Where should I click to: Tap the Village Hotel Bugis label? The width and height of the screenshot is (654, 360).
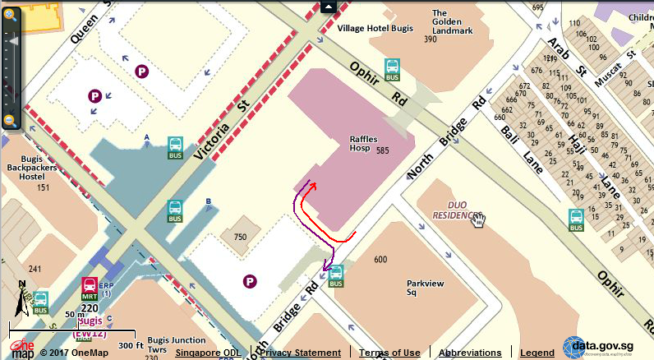tap(378, 28)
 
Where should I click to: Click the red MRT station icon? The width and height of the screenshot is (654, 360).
tap(90, 287)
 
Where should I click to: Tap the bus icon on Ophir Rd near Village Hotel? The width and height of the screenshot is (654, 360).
tap(392, 67)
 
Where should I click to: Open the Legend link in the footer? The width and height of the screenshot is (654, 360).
tap(537, 353)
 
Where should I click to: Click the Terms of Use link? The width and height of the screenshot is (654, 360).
tap(389, 353)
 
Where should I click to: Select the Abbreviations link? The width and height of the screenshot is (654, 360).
tap(469, 353)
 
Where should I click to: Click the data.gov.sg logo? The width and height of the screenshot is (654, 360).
tap(606, 348)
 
